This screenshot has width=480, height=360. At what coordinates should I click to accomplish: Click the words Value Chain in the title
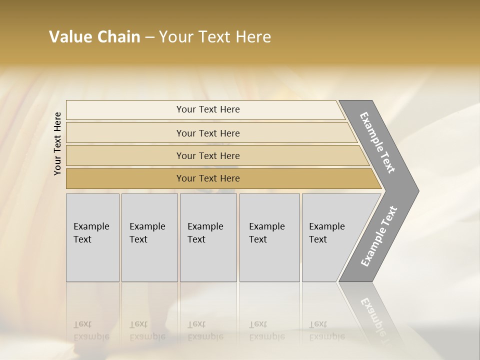click(94, 37)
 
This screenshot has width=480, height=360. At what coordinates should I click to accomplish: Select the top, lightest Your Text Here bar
click(207, 109)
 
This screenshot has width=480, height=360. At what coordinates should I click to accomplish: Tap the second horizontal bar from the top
click(207, 133)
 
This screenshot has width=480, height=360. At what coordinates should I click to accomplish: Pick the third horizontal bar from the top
click(207, 155)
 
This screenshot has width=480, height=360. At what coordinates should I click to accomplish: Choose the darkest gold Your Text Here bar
click(207, 178)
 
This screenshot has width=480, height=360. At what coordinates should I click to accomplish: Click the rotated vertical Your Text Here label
click(57, 143)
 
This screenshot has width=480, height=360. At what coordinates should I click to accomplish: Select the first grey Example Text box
click(92, 237)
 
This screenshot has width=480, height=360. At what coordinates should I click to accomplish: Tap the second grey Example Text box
click(149, 237)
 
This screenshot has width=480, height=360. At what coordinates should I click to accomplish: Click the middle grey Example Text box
click(208, 237)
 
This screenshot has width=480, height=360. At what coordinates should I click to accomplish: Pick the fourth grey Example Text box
click(269, 237)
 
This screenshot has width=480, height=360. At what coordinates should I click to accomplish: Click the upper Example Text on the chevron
click(377, 142)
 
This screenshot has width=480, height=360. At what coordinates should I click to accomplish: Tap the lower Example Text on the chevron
click(378, 236)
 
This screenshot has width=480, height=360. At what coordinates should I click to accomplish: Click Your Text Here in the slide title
click(215, 37)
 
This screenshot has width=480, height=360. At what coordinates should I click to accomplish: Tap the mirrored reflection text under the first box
click(91, 330)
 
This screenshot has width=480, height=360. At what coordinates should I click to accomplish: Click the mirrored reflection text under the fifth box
click(326, 330)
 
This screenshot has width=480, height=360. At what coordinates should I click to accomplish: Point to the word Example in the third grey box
click(205, 226)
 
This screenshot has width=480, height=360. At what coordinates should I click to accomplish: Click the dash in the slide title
click(149, 37)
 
